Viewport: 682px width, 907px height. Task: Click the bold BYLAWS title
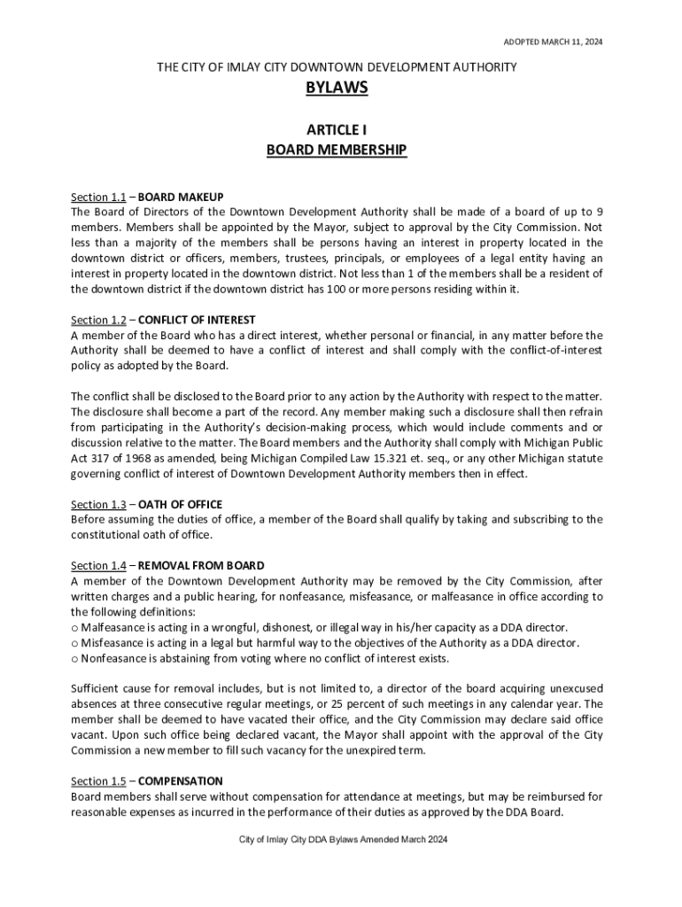(x=337, y=89)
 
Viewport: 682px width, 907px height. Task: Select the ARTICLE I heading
(x=337, y=129)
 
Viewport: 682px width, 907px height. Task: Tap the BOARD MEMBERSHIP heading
(x=337, y=150)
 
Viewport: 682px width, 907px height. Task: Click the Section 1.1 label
(x=98, y=197)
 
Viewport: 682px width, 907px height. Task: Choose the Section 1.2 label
(x=98, y=320)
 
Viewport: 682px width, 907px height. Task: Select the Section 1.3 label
(x=98, y=505)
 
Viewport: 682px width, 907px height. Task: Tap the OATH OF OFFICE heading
(x=181, y=505)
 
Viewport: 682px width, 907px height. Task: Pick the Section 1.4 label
(x=98, y=566)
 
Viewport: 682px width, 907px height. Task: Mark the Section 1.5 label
(x=98, y=781)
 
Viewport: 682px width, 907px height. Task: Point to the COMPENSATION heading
(x=181, y=781)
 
